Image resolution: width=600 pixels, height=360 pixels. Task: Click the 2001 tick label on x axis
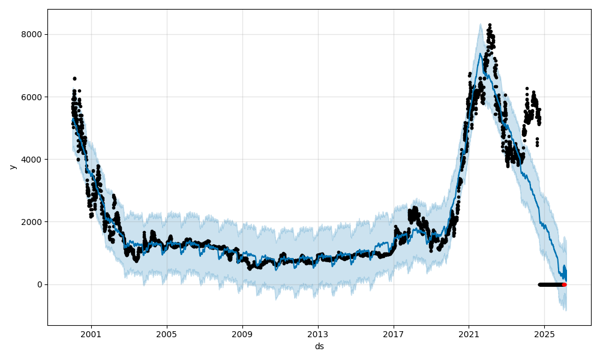click(91, 334)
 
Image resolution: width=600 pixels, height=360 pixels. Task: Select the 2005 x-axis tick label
click(167, 334)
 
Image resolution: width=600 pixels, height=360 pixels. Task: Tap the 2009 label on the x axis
click(242, 334)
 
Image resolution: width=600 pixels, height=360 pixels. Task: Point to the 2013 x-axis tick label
click(318, 334)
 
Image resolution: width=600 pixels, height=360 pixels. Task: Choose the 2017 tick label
click(394, 334)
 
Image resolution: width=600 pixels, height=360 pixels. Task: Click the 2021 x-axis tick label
click(469, 334)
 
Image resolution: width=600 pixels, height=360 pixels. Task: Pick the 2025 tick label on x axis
click(544, 334)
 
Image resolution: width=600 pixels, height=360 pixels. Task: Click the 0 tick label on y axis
click(40, 284)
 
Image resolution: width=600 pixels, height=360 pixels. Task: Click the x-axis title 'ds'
click(319, 346)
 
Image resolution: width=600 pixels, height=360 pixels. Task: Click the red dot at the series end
click(565, 284)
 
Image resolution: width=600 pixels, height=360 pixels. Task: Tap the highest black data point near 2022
click(490, 25)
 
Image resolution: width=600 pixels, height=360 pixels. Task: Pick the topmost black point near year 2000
click(74, 78)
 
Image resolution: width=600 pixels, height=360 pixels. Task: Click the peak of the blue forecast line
click(481, 53)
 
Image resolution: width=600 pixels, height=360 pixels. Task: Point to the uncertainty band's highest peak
click(481, 24)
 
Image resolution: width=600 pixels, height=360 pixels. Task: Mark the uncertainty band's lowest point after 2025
click(565, 310)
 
